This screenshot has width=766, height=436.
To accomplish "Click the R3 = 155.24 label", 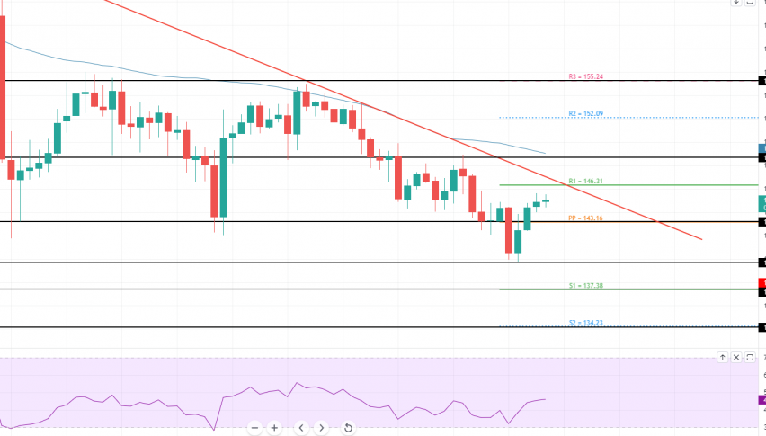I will [x=585, y=76].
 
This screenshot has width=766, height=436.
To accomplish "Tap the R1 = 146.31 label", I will [x=585, y=181].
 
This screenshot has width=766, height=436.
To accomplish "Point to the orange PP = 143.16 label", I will [x=584, y=218].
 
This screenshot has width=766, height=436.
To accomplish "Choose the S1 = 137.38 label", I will [x=585, y=285].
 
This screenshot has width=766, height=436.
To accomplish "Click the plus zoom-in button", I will [x=274, y=427].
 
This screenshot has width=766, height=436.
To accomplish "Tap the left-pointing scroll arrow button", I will [x=301, y=427].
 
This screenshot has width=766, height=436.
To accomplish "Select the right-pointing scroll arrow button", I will [x=321, y=427].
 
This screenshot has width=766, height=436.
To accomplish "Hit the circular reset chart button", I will [x=347, y=427].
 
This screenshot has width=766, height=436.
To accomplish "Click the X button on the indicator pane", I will [x=736, y=357].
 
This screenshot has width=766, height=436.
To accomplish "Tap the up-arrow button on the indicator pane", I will [x=722, y=357].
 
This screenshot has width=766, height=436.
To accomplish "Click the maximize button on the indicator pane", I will [x=750, y=357].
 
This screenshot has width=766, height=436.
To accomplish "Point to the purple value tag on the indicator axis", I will [x=762, y=399].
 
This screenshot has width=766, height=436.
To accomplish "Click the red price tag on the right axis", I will [x=762, y=283].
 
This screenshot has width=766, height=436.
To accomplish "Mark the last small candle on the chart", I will [x=546, y=200].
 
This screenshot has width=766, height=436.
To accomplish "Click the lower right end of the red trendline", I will [x=700, y=239].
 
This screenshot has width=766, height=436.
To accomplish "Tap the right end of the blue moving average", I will [x=545, y=153].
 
